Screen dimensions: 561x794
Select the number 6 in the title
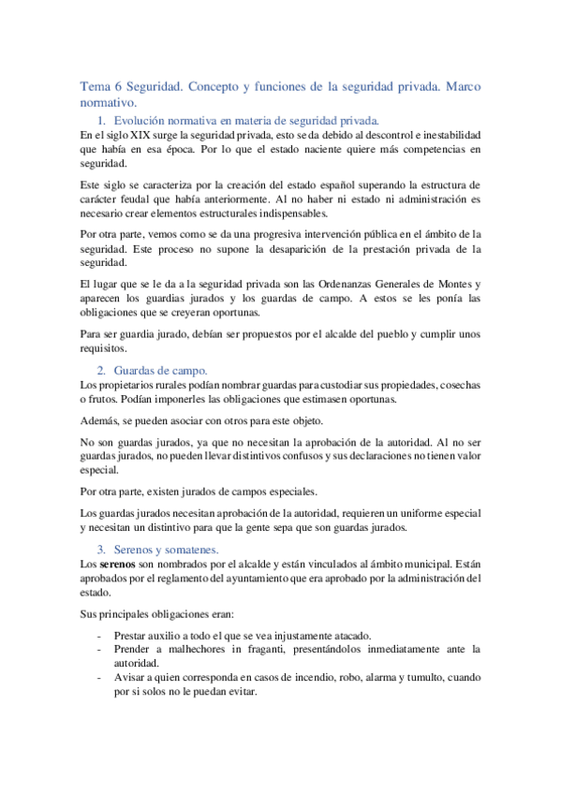[117, 86]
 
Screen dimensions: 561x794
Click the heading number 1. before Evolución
[101, 121]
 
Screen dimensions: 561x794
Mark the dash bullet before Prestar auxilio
[98, 634]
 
